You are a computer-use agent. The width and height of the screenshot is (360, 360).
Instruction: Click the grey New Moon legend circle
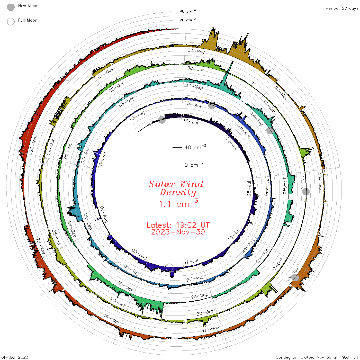[11, 7]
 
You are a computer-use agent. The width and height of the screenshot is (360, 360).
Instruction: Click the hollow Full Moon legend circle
[11, 22]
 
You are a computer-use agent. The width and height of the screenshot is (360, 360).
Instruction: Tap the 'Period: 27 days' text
[342, 8]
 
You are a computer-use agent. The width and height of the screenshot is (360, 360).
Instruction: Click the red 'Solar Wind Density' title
[176, 188]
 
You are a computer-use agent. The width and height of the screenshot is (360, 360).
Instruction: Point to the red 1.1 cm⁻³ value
[178, 203]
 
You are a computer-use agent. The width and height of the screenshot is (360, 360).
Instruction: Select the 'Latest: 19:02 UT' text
[178, 225]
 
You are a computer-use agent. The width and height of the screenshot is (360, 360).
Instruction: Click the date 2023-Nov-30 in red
[178, 232]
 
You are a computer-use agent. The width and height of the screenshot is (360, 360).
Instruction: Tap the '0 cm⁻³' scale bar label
[194, 165]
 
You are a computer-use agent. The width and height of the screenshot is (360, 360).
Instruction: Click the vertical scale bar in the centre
[177, 156]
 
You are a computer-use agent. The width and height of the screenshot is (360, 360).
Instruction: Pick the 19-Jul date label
[191, 122]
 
